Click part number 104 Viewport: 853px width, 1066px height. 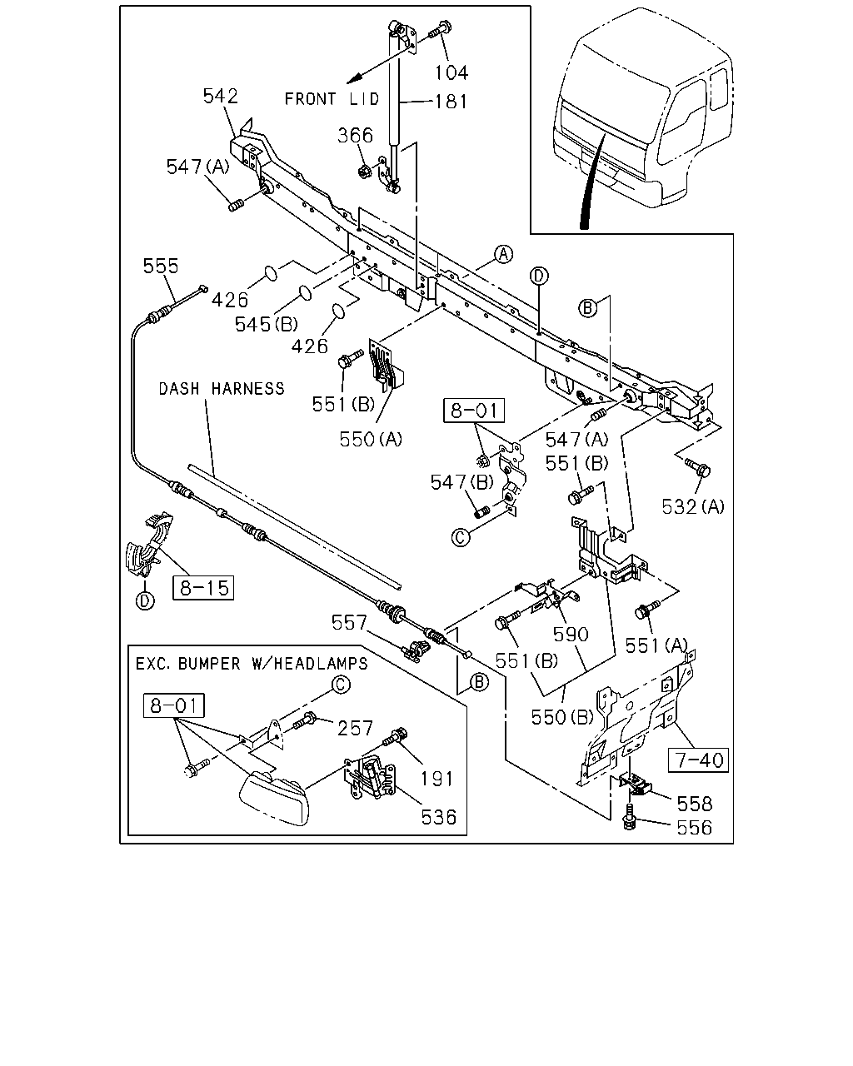pyautogui.click(x=451, y=72)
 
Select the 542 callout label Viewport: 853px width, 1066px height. pyautogui.click(x=221, y=96)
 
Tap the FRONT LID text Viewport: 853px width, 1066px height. pyautogui.click(x=332, y=98)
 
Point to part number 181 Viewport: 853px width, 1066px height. pyautogui.click(x=451, y=102)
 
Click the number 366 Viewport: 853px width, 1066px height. pyautogui.click(x=356, y=135)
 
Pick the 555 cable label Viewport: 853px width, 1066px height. pyautogui.click(x=161, y=266)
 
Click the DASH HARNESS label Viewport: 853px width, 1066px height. pyautogui.click(x=222, y=388)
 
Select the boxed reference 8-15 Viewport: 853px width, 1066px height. pyautogui.click(x=203, y=588)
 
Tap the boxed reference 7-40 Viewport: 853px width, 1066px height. pyautogui.click(x=698, y=760)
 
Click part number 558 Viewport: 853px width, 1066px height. pyautogui.click(x=695, y=804)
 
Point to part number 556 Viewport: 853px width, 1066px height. pyautogui.click(x=695, y=828)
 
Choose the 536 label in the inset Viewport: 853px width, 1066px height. pyautogui.click(x=439, y=817)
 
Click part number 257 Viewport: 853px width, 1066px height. pyautogui.click(x=355, y=728)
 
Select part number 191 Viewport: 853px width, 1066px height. pyautogui.click(x=436, y=780)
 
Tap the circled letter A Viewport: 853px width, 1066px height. pyautogui.click(x=504, y=254)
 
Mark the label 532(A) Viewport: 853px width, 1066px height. pyautogui.click(x=693, y=506)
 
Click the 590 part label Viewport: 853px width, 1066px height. pyautogui.click(x=571, y=634)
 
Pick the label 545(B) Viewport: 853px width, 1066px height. pyautogui.click(x=267, y=325)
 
